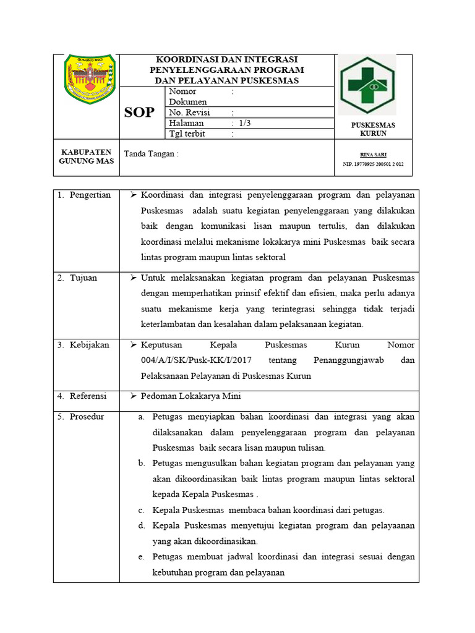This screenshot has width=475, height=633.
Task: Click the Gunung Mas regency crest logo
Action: click(90, 79)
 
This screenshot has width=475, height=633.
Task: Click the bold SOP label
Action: click(139, 113)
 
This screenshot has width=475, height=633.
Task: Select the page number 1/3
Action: click(245, 123)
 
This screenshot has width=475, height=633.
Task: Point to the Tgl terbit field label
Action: click(187, 134)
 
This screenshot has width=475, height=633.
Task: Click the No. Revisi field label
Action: click(190, 113)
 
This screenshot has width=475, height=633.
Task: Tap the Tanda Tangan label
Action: click(152, 154)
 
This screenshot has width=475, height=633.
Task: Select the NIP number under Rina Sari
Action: click(373, 164)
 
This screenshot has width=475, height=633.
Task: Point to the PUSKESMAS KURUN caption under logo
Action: click(373, 129)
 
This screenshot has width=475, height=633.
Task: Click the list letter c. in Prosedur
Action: click(141, 510)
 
